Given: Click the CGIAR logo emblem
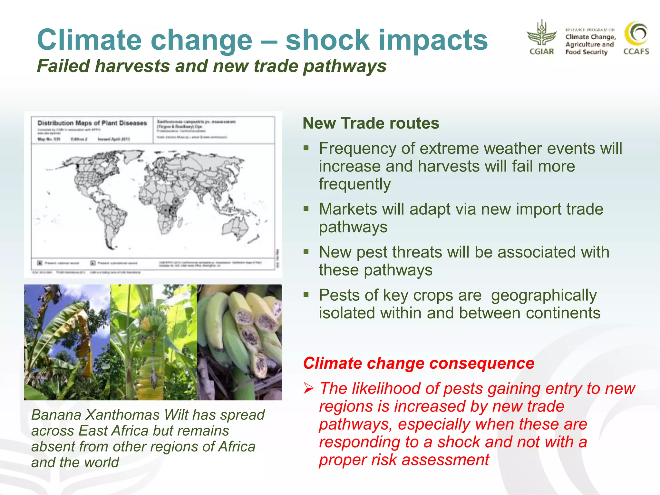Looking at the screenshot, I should [541, 34].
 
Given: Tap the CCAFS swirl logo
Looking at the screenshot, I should [636, 34].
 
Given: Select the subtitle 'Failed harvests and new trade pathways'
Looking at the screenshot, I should [211, 66].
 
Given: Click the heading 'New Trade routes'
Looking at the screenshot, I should [371, 123].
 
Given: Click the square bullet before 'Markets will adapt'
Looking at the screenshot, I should [306, 209].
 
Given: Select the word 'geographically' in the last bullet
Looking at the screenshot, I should [544, 295].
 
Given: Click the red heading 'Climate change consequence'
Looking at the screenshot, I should [418, 364].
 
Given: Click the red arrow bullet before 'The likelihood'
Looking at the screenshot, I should [308, 389].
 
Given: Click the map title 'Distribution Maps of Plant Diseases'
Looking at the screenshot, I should [92, 123].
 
